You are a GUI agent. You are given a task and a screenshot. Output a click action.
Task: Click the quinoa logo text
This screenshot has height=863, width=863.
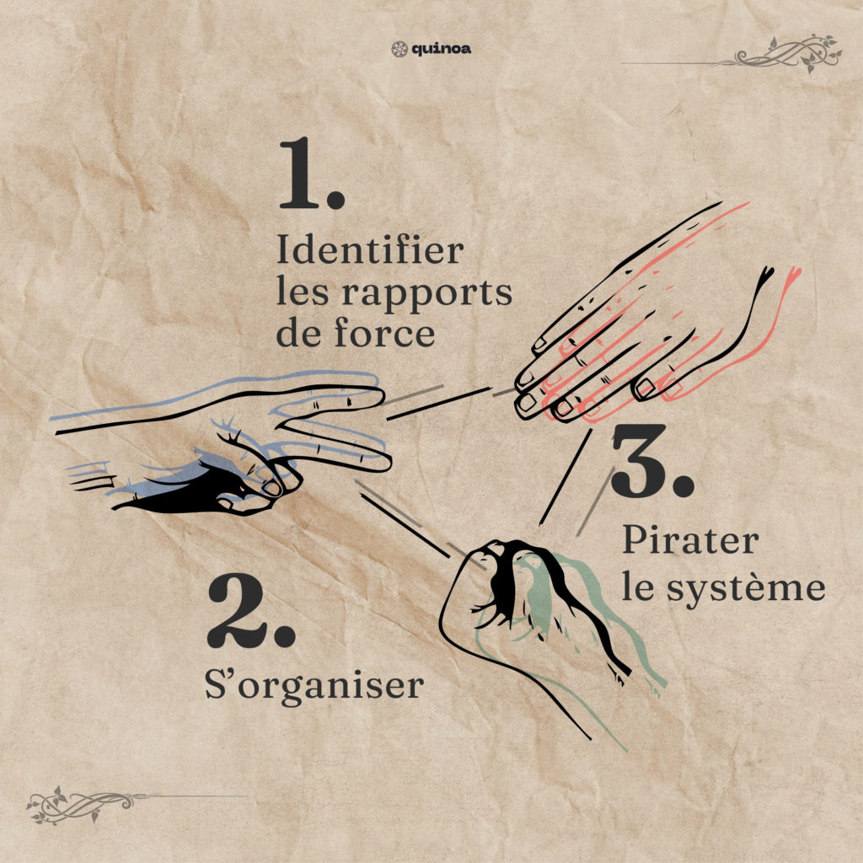pyautogui.click(x=442, y=50)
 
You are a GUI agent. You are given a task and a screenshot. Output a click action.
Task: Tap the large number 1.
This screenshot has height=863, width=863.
pyautogui.click(x=312, y=174)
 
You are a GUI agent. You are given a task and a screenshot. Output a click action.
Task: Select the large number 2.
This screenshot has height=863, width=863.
pyautogui.click(x=251, y=611)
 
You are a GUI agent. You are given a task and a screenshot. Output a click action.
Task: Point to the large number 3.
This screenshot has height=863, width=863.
pyautogui.click(x=653, y=461)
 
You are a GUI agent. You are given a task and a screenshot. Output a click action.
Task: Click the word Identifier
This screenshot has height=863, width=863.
pyautogui.click(x=370, y=249)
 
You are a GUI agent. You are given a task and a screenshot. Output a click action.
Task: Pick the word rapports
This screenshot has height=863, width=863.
pyautogui.click(x=427, y=295)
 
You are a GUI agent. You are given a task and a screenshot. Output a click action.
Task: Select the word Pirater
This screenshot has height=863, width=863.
pyautogui.click(x=691, y=540)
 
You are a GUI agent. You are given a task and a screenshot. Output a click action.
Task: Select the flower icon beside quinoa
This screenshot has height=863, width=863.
pyautogui.click(x=399, y=50)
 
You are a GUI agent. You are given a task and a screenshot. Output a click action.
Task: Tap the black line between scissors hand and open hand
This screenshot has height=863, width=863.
pyautogui.click(x=438, y=404)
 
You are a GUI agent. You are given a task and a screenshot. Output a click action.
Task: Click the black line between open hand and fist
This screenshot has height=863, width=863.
pyautogui.click(x=566, y=477)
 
